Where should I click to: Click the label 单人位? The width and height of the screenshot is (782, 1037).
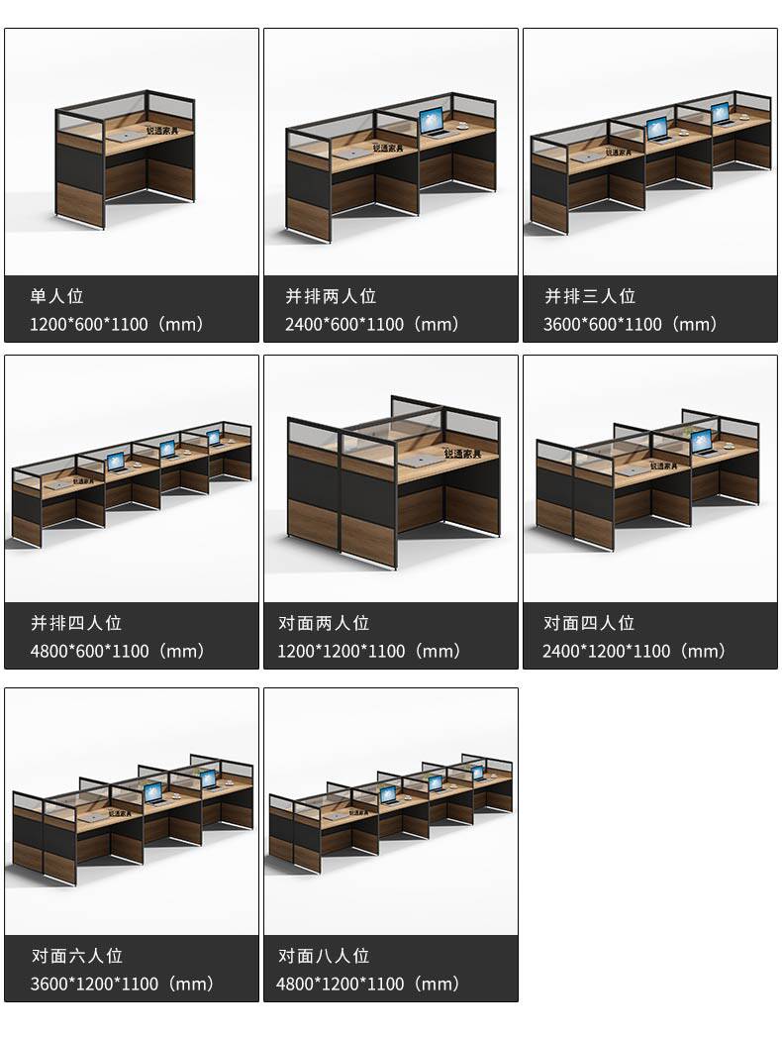[x=57, y=296]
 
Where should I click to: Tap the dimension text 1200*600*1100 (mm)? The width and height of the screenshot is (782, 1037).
[x=117, y=324]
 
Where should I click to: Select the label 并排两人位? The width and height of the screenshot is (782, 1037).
[x=331, y=296]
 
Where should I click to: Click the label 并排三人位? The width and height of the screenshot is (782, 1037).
[x=590, y=296]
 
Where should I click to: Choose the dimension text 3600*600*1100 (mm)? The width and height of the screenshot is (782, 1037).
[x=631, y=324]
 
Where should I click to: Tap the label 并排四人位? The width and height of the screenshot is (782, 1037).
[x=76, y=623]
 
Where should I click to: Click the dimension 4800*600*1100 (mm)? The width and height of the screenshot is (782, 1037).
[x=117, y=651]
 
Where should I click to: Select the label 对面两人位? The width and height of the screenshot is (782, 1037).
[x=324, y=623]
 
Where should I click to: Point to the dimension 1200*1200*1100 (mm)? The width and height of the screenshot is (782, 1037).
[x=369, y=651]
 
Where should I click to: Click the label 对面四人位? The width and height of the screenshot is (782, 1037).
[x=589, y=623]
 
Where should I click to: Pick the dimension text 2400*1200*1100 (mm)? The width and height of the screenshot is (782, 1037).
[x=634, y=651]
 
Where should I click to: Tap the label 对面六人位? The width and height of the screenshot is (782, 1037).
[x=76, y=956]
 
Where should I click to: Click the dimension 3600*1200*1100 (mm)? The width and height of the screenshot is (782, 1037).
[x=122, y=984]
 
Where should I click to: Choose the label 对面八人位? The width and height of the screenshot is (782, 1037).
[x=324, y=956]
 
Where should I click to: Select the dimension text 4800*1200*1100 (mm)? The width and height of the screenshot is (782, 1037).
[x=368, y=984]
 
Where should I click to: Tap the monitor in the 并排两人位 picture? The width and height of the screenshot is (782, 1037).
[x=433, y=122]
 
